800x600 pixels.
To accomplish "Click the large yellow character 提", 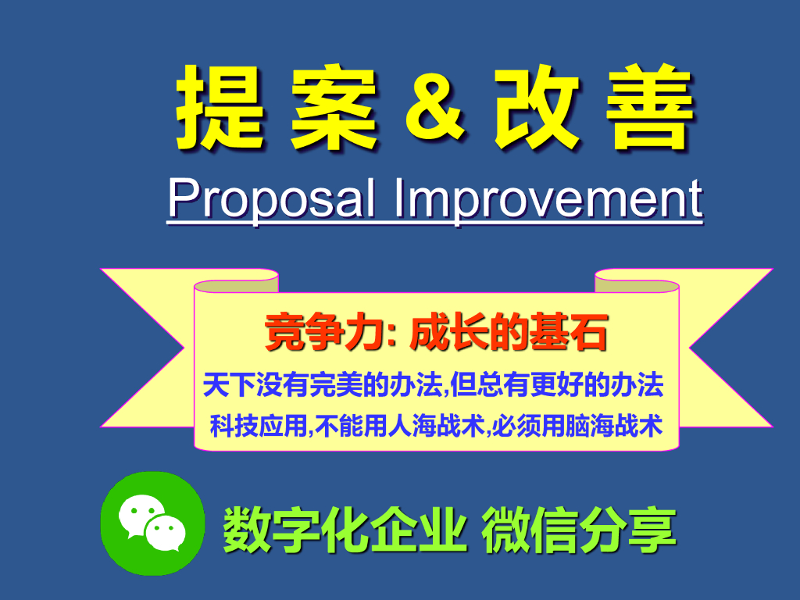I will point(220,107).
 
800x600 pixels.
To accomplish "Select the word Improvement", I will point(548,200).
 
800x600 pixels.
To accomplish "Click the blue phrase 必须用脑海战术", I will point(577,427).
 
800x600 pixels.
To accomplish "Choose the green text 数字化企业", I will point(345,530).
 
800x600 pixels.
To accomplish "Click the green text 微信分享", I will point(579,530).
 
